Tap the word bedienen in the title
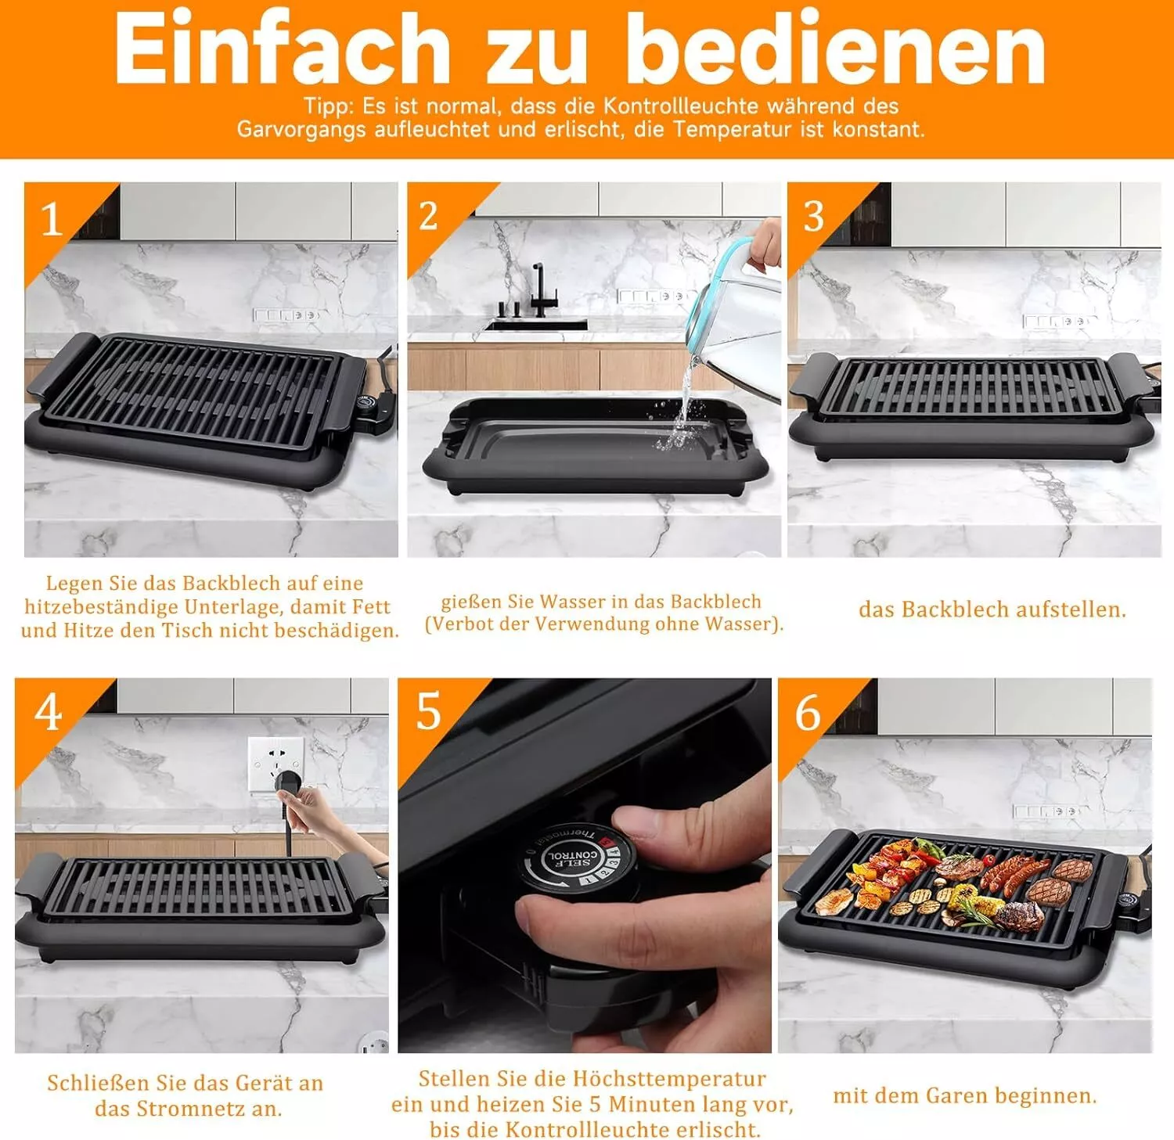[x=836, y=48]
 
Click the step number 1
[x=52, y=219]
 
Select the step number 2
[x=428, y=217]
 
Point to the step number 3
[x=814, y=217]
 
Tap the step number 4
[x=49, y=713]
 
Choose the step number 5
[x=429, y=711]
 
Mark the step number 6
[x=808, y=713]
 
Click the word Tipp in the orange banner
[x=328, y=106]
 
